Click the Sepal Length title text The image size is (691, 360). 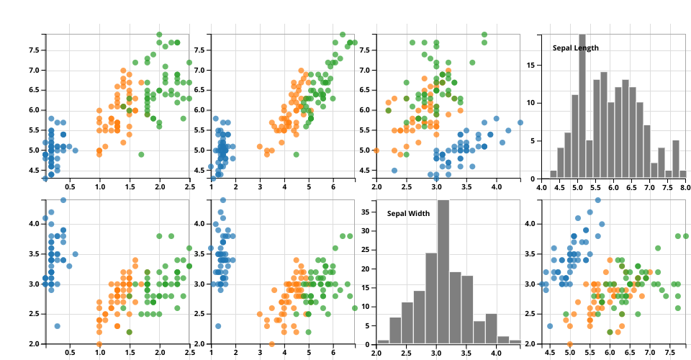coord(575,48)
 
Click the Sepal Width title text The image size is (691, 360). coord(407,214)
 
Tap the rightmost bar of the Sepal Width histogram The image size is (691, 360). coord(515,341)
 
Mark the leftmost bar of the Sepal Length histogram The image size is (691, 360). coord(554,174)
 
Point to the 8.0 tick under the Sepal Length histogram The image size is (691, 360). coord(682,186)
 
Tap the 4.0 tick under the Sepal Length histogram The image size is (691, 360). coord(542,186)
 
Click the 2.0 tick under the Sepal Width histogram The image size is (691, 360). coord(376,352)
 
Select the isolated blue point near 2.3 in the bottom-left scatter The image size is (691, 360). coord(57,326)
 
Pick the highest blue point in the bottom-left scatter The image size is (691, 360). coord(63,200)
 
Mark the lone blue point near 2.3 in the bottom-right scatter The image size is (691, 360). coord(550,326)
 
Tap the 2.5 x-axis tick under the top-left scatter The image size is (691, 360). coord(189,186)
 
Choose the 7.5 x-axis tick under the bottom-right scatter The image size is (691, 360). coord(669,352)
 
